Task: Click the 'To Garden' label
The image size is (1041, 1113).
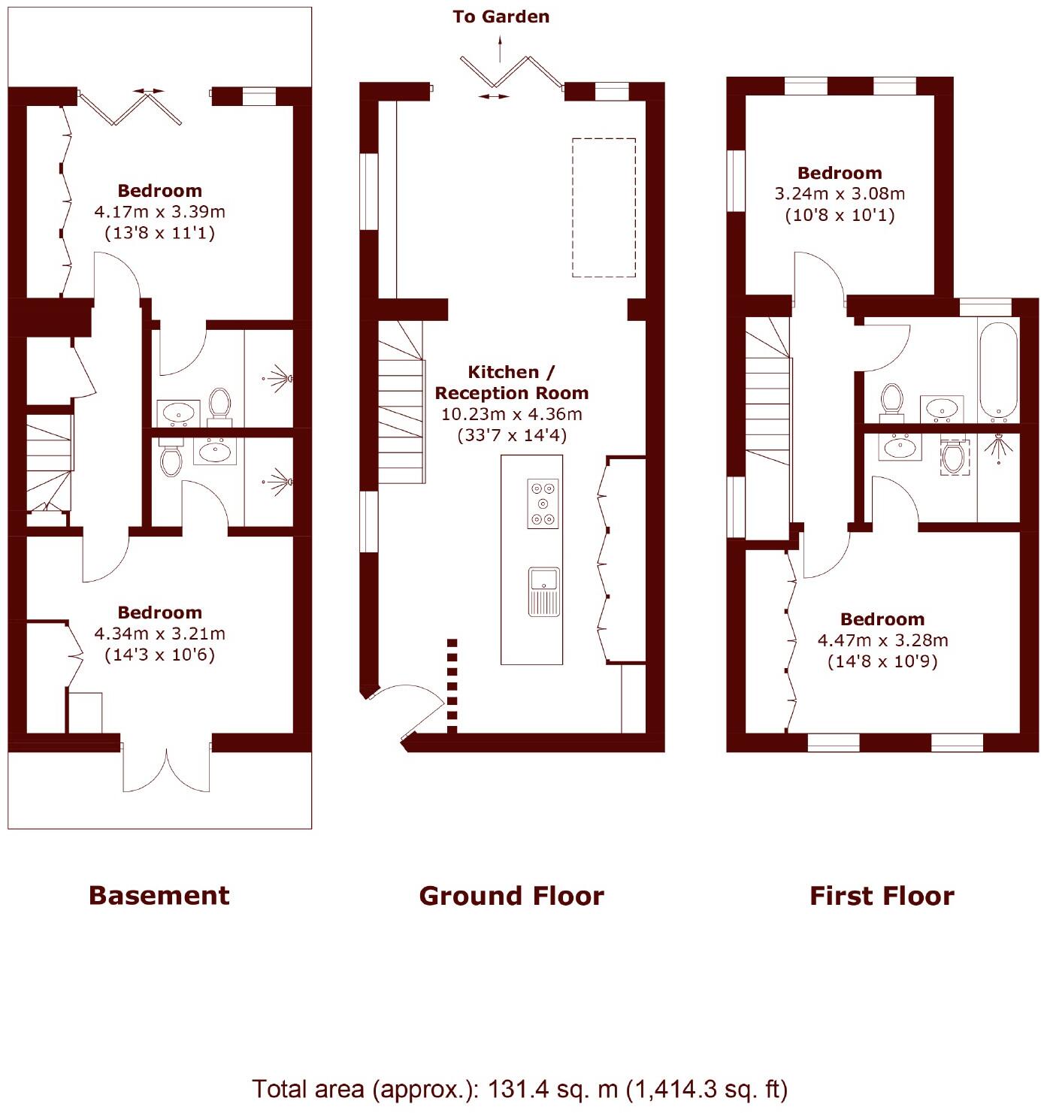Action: [x=501, y=17]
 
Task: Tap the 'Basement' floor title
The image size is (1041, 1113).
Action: [x=159, y=895]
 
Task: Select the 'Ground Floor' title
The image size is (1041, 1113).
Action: [x=511, y=895]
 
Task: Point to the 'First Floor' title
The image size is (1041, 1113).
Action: [x=882, y=895]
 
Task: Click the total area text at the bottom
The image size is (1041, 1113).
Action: [x=519, y=1089]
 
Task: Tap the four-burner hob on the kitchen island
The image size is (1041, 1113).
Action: [x=543, y=504]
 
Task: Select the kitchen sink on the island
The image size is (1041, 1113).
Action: [x=543, y=591]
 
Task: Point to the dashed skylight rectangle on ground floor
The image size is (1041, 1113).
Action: [x=604, y=207]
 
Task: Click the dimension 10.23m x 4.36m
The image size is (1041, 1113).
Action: [x=511, y=414]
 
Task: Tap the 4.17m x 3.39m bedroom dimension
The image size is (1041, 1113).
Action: [x=159, y=212]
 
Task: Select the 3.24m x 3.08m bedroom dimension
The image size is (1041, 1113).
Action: [x=840, y=194]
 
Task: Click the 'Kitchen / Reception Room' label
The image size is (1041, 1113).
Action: [x=511, y=383]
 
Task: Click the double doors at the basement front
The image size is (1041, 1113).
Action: [x=167, y=767]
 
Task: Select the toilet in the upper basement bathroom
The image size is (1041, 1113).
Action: [x=219, y=403]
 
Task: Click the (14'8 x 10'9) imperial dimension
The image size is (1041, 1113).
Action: [x=882, y=662]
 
